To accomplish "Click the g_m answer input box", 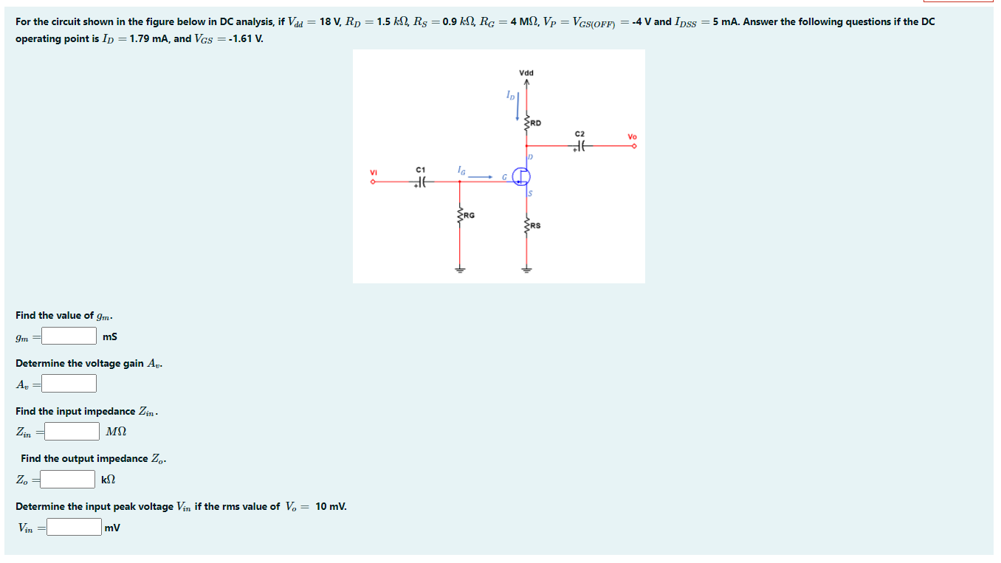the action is coord(69,336).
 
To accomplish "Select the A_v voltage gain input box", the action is coord(69,384).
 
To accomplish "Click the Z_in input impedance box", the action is coord(73,431).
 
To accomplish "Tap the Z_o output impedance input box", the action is coord(68,480).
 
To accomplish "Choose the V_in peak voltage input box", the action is coord(75,527).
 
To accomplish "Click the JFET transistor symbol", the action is coord(523,176).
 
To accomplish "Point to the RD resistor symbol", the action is coord(526,124).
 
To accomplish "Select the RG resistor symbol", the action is coord(459,215).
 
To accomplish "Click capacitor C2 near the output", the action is coord(580,146).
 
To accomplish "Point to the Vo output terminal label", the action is coord(632,137).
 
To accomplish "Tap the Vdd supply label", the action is coord(526,73).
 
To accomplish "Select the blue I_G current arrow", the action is coord(479,176).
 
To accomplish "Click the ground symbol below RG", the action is coord(459,270).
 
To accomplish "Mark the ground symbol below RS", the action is coord(526,270).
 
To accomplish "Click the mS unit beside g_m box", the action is coord(110,337).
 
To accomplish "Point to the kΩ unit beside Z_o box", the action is coord(109,480).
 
